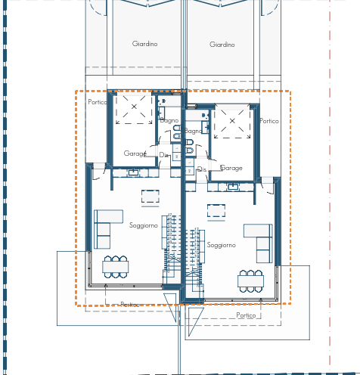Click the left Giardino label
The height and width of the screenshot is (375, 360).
pyautogui.click(x=144, y=44)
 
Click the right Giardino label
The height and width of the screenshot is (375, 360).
pyautogui.click(x=222, y=45)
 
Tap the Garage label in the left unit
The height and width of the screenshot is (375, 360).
pyautogui.click(x=135, y=153)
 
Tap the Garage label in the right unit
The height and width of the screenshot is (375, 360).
pyautogui.click(x=231, y=168)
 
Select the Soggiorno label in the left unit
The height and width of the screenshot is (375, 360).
pyautogui.click(x=143, y=225)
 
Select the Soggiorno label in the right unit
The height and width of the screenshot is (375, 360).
pyautogui.click(x=221, y=245)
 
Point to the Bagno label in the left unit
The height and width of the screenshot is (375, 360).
pyautogui.click(x=169, y=120)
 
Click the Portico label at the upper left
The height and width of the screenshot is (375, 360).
pyautogui.click(x=98, y=102)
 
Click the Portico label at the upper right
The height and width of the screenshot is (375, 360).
pyautogui.click(x=269, y=121)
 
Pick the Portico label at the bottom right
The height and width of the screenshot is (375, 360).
pyautogui.click(x=246, y=315)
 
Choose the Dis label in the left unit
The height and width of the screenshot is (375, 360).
pyautogui.click(x=163, y=155)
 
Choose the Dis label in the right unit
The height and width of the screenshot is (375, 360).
pyautogui.click(x=201, y=170)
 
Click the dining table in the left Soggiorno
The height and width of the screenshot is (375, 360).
pyautogui.click(x=116, y=266)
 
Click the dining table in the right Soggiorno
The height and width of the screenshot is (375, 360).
pyautogui.click(x=250, y=280)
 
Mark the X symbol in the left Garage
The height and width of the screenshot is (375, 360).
pyautogui.click(x=134, y=107)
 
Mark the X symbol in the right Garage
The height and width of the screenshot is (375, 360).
pyautogui.click(x=231, y=122)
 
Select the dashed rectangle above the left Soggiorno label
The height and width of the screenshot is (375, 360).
pyautogui.click(x=151, y=197)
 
